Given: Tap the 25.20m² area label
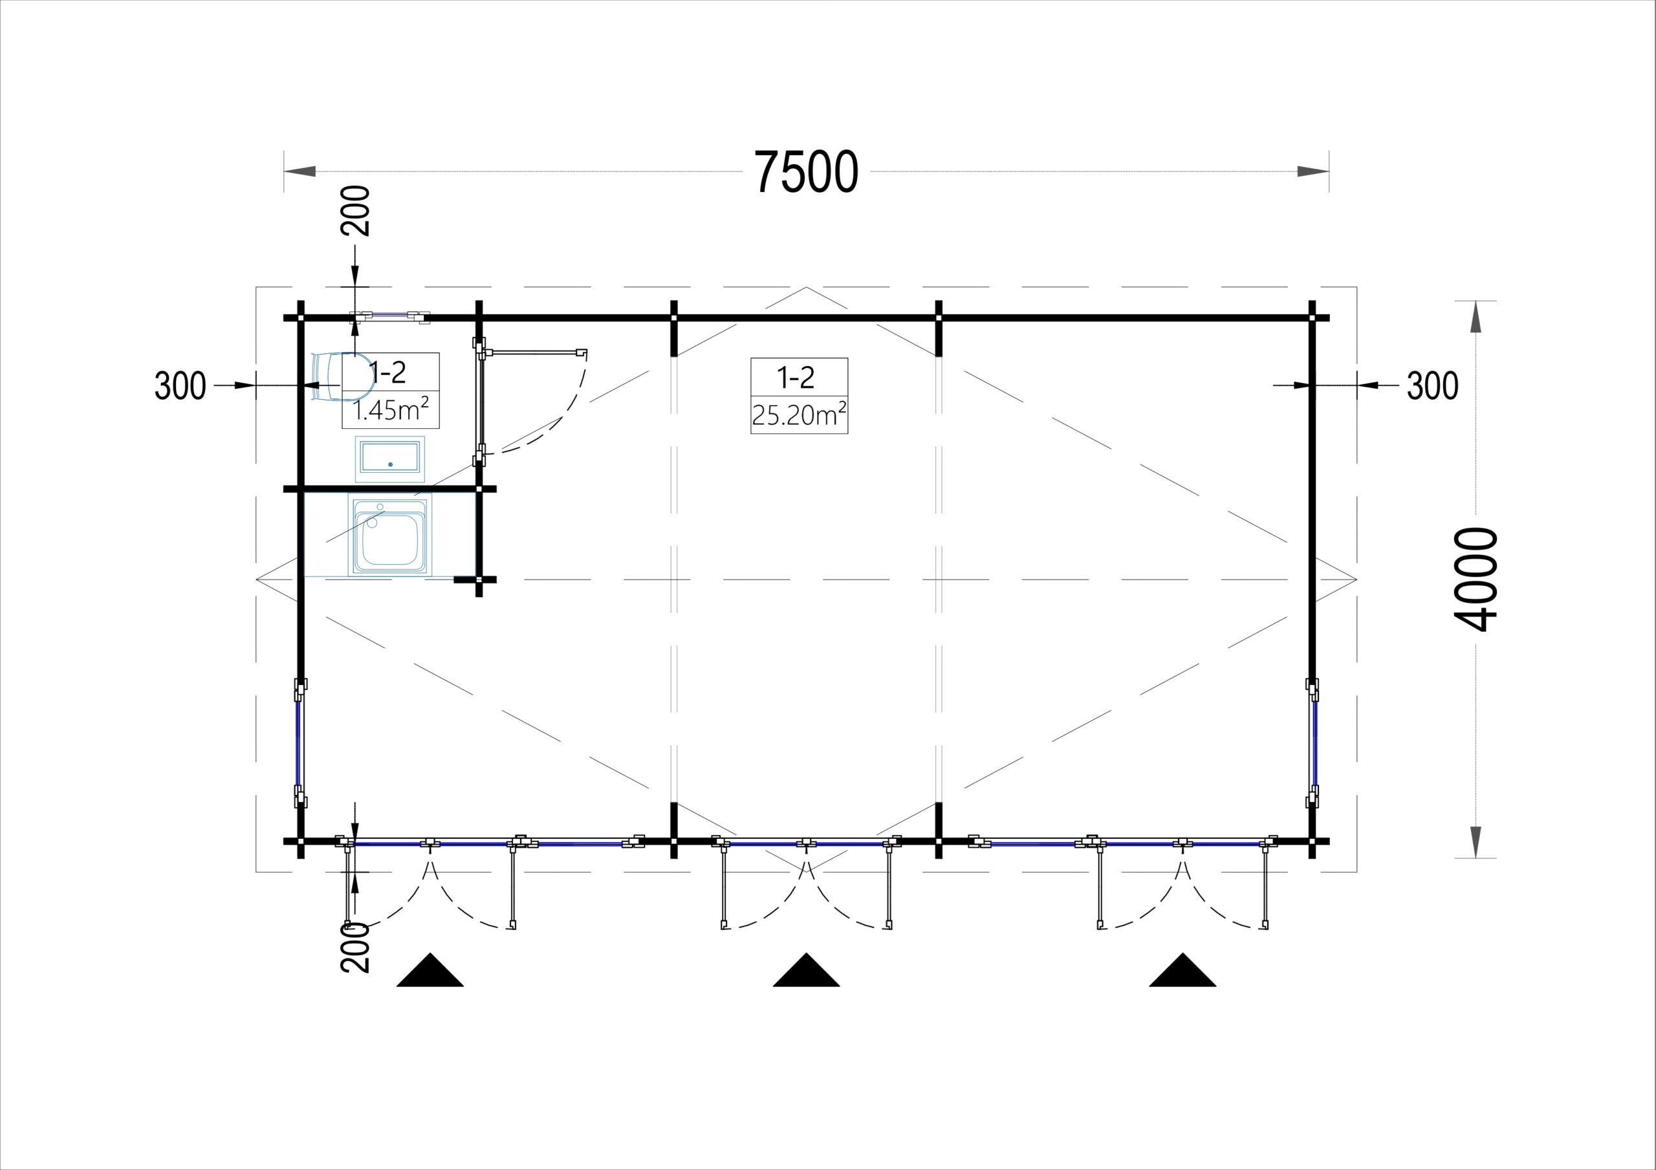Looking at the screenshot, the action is coord(799,415).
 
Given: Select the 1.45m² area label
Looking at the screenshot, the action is coord(391,411).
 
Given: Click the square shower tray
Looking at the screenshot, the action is coord(390,534).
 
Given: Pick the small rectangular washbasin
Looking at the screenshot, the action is coord(390,458).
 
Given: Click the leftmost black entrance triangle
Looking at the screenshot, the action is coord(430,970).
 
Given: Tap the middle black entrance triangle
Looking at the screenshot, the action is coord(807,970).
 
